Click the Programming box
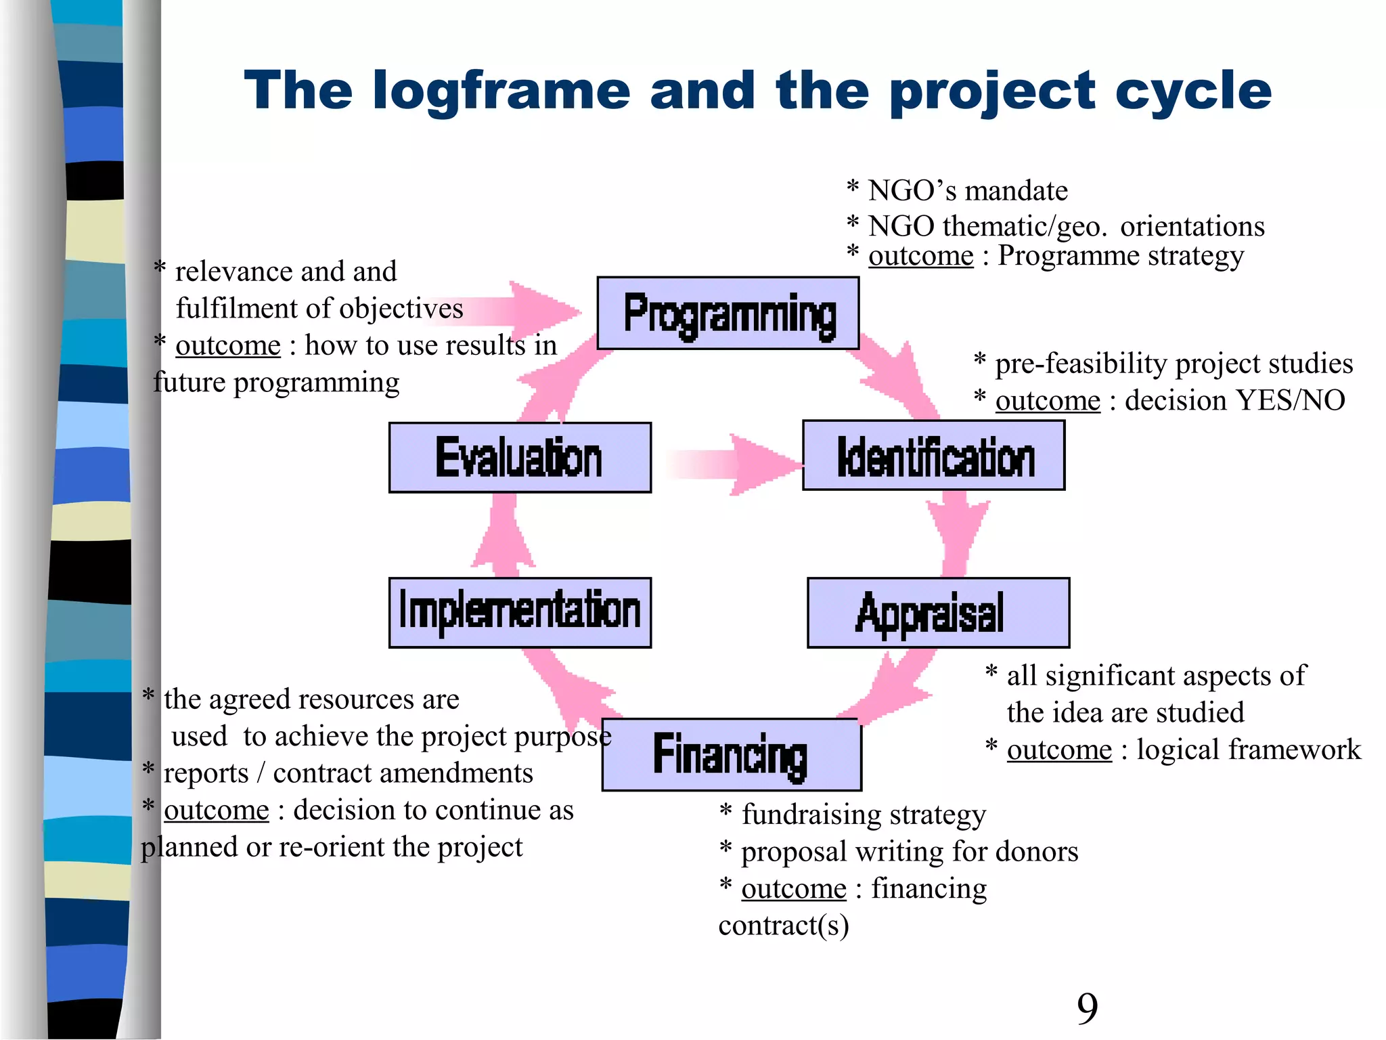click(x=728, y=313)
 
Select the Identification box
click(x=934, y=456)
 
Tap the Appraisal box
click(x=938, y=613)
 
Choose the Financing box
click(x=732, y=755)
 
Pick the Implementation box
click(x=520, y=613)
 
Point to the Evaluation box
click(x=520, y=458)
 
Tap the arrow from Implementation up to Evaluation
click(x=504, y=535)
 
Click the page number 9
click(x=1087, y=1008)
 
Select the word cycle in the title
click(x=1194, y=91)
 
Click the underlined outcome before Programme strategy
click(x=920, y=256)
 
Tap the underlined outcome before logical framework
click(x=1059, y=750)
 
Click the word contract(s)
click(x=783, y=926)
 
